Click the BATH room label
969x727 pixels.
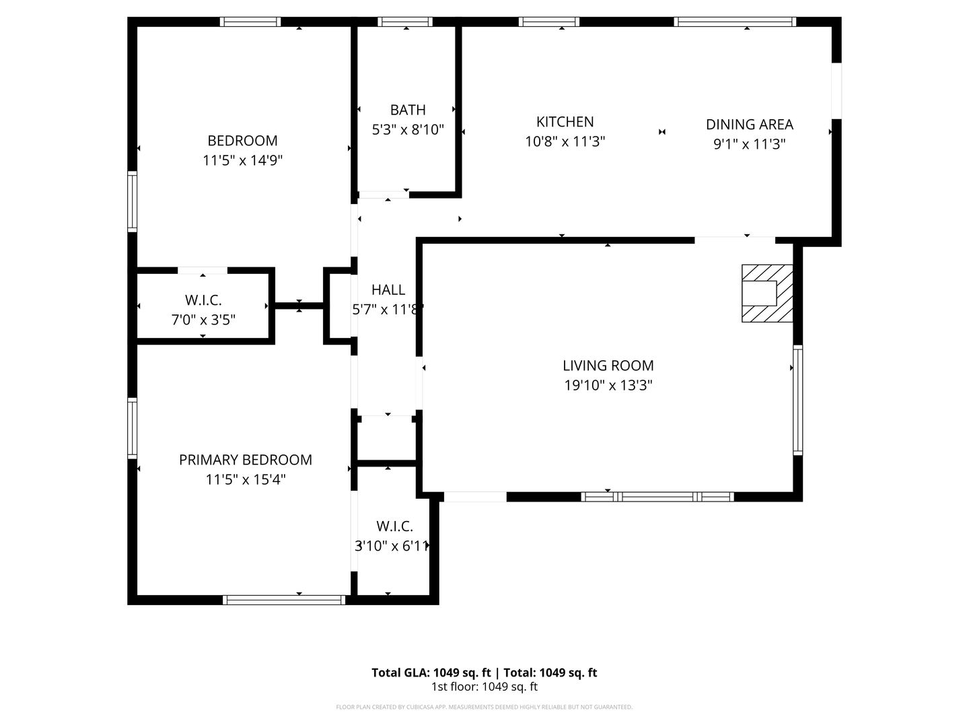[x=408, y=110]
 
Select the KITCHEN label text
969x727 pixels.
[x=565, y=122]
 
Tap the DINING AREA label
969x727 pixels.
[x=749, y=125]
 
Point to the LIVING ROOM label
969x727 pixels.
[x=608, y=366]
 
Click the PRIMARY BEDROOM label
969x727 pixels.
[x=245, y=460]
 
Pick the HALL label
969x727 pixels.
[x=388, y=289]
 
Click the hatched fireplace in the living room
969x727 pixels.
[x=766, y=293]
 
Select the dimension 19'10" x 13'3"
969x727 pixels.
[x=608, y=386]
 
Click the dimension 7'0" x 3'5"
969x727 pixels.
[x=203, y=320]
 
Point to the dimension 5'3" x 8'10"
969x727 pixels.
[x=408, y=130]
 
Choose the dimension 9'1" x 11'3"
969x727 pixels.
[x=749, y=144]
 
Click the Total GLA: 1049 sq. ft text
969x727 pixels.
[x=433, y=672]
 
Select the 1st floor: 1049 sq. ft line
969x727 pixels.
[x=484, y=687]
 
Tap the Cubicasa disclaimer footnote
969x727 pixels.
[x=484, y=707]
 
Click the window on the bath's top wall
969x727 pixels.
[x=405, y=22]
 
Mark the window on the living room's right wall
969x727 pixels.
[x=797, y=400]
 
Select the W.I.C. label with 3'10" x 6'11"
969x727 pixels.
[x=394, y=526]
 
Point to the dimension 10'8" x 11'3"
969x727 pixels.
[x=565, y=142]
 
